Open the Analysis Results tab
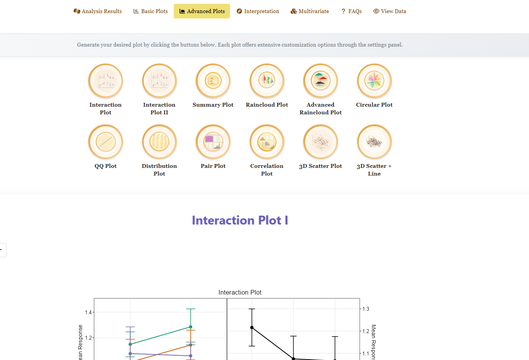click(x=97, y=11)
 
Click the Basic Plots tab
click(x=151, y=11)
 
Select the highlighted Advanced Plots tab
click(x=202, y=11)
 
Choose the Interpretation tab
click(x=258, y=11)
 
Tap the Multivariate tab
click(x=310, y=11)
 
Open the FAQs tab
click(x=351, y=11)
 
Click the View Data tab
click(x=390, y=11)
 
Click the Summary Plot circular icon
click(x=213, y=81)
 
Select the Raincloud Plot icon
click(x=267, y=81)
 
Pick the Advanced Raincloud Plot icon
click(x=321, y=81)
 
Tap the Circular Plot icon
click(x=374, y=81)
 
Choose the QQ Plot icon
click(x=106, y=142)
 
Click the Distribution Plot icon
click(x=160, y=142)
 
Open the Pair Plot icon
click(x=213, y=142)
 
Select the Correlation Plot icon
click(x=267, y=142)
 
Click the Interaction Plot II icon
click(x=160, y=81)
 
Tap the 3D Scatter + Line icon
click(x=374, y=142)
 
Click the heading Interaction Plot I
click(x=240, y=220)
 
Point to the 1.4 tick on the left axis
click(x=88, y=312)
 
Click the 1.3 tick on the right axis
click(x=366, y=309)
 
